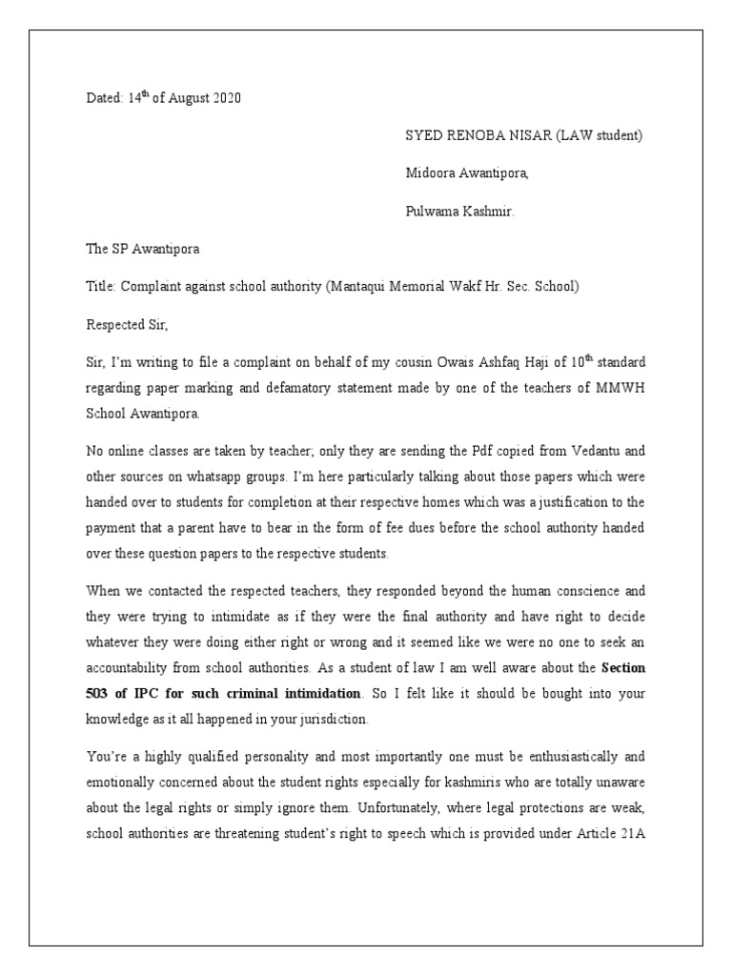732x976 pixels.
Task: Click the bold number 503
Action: click(98, 693)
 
